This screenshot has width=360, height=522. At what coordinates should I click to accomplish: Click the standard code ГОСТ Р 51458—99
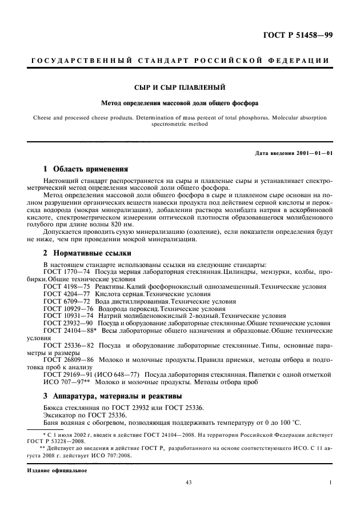tap(305, 35)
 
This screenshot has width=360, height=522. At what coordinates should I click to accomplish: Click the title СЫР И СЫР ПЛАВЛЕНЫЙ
tap(179, 87)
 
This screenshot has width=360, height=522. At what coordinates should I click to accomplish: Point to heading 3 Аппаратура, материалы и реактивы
tap(113, 396)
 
